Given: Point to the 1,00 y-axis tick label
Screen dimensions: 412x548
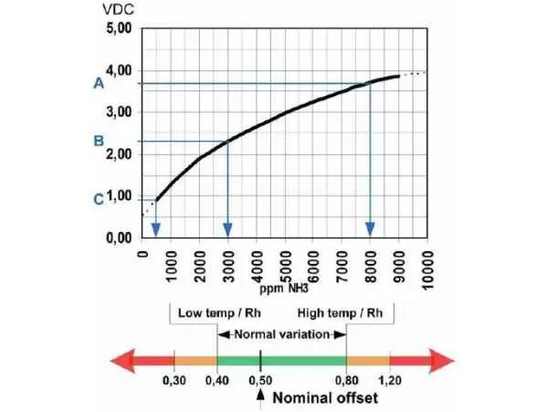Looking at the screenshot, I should coord(118,195).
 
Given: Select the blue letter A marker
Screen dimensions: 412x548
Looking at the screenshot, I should coord(98,83).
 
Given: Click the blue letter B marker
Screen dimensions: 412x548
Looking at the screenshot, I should coord(98,141).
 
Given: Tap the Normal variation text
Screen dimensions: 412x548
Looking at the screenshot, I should coord(282,333).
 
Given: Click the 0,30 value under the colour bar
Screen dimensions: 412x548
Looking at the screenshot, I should coord(174,380).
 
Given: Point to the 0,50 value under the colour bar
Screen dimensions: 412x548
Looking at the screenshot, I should coord(261,380).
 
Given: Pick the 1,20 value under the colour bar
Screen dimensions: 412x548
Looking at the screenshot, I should coord(391,380).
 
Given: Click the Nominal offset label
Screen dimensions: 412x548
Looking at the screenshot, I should coord(321,397).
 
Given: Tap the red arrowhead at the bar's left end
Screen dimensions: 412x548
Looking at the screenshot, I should coord(123,360).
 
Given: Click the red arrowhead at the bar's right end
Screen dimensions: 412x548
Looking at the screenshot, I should coord(442,360).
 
